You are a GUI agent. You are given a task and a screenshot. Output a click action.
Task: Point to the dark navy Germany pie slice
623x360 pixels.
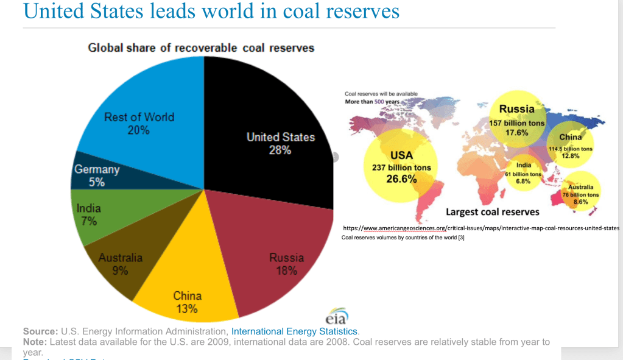tap(122, 175)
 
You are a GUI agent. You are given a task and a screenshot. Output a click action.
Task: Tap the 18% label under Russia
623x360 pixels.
tap(286, 270)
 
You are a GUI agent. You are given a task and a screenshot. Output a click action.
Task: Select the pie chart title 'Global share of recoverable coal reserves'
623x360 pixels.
tap(201, 48)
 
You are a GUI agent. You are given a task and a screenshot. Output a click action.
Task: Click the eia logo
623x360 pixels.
tap(336, 319)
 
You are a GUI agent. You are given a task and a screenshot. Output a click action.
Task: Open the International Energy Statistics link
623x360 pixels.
tap(294, 331)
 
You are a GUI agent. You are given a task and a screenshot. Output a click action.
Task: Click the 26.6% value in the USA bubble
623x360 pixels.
tap(401, 179)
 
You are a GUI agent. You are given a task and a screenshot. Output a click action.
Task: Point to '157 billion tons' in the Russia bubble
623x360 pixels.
tap(516, 123)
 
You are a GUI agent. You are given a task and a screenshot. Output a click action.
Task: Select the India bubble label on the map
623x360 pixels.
tap(523, 165)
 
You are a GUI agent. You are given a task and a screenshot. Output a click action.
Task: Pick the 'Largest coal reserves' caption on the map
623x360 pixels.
tap(492, 212)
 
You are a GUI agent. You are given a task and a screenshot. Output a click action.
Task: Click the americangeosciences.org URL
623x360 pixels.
tap(481, 228)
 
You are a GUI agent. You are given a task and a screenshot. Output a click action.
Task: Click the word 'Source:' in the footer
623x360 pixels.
tap(40, 331)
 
